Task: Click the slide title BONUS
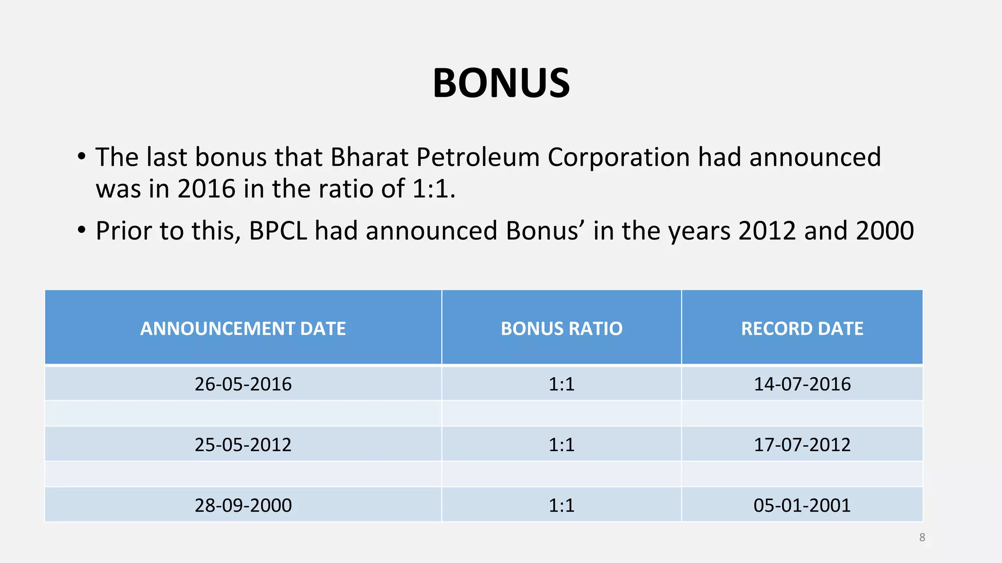coord(501,83)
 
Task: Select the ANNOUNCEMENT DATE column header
coord(243,328)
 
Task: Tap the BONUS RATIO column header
coord(561,328)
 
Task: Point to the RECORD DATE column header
coord(802,328)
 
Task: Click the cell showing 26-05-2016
coord(243,384)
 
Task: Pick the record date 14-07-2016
coord(802,384)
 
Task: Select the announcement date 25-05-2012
coord(243,445)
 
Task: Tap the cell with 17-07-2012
coord(802,445)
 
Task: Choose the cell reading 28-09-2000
coord(243,505)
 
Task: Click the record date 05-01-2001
coord(802,505)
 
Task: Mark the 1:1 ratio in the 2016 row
coord(561,384)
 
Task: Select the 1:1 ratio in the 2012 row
coord(561,445)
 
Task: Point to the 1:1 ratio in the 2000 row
coord(561,505)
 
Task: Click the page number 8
coord(922,538)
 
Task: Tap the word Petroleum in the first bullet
coord(478,157)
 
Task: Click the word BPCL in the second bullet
coord(278,231)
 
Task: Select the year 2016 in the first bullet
coord(206,189)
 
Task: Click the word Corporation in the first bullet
coord(618,157)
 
